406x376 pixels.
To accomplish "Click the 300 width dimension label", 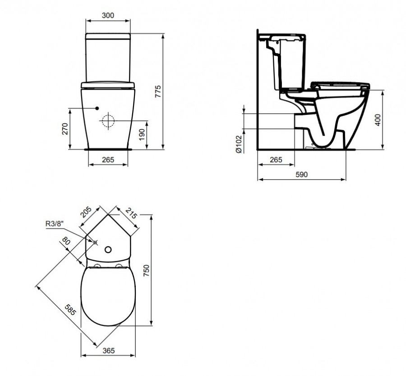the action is pyautogui.click(x=108, y=15).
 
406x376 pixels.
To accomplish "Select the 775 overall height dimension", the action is pyautogui.click(x=158, y=91).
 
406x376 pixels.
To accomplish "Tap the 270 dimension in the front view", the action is pyautogui.click(x=65, y=129).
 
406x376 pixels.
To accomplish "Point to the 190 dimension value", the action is pyautogui.click(x=142, y=134).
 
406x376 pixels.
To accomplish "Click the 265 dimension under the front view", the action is pyautogui.click(x=108, y=160).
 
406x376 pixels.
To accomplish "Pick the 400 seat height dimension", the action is pyautogui.click(x=378, y=120).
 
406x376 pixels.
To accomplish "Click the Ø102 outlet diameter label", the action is pyautogui.click(x=239, y=144).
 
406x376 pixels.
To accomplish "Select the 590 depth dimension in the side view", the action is pyautogui.click(x=302, y=174).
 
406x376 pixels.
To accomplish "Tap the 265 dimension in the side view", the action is pyautogui.click(x=276, y=160).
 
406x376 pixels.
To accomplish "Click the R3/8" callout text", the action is pyautogui.click(x=55, y=223).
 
